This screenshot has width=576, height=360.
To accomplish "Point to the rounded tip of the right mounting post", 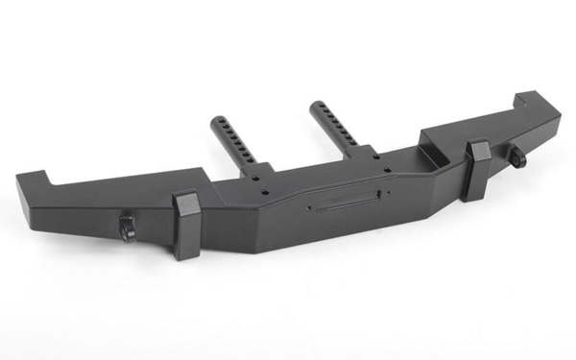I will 316,102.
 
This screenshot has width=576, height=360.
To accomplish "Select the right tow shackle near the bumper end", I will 518,156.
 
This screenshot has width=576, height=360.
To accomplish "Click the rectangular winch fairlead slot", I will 343,204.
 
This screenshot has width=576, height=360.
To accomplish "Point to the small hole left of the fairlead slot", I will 309,204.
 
